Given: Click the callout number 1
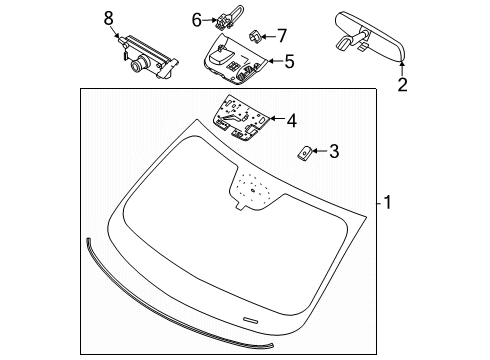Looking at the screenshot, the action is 387,202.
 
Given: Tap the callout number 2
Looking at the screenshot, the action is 402,84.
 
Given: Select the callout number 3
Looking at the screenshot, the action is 334,151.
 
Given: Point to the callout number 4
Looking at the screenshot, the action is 292,120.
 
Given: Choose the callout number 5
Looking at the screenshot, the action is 289,61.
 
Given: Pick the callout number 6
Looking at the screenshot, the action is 197,20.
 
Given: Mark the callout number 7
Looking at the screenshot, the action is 282,36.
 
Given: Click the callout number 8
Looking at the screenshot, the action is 109,18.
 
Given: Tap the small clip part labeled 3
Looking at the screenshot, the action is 304,153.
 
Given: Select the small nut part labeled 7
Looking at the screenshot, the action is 254,36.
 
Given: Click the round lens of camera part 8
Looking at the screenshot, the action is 137,65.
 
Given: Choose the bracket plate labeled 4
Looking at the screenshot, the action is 241,118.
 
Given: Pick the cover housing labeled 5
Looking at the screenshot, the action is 236,59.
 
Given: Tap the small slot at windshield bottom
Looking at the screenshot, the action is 250,320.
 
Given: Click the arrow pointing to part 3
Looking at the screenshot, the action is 319,151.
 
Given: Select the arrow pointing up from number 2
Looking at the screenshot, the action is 402,69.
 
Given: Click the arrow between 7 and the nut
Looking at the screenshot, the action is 268,36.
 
